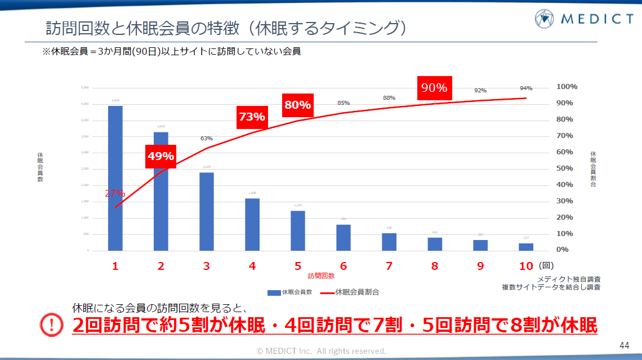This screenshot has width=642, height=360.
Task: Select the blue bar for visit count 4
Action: pos(252,224)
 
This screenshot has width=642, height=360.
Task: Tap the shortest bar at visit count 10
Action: pos(526,247)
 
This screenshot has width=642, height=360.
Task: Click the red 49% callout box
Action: pos(160,156)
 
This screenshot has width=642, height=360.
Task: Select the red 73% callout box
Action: pos(252,117)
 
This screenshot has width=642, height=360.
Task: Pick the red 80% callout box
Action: pos(297,105)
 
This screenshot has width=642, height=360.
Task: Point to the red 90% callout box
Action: pos(434,88)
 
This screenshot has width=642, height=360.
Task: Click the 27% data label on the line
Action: pos(115,193)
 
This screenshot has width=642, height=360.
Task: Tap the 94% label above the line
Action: pos(526,88)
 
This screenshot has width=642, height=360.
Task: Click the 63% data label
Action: pos(206,138)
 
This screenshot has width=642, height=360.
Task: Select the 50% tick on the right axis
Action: pos(564,168)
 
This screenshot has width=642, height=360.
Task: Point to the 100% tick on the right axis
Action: pos(567,87)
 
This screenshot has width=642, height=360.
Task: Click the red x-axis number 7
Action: pos(389,266)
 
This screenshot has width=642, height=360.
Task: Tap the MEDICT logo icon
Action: pos(545,19)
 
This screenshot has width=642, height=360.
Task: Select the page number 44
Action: pos(623,345)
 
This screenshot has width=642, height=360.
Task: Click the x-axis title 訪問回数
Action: pos(321,276)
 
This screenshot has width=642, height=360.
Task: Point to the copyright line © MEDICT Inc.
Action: pos(321,351)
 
